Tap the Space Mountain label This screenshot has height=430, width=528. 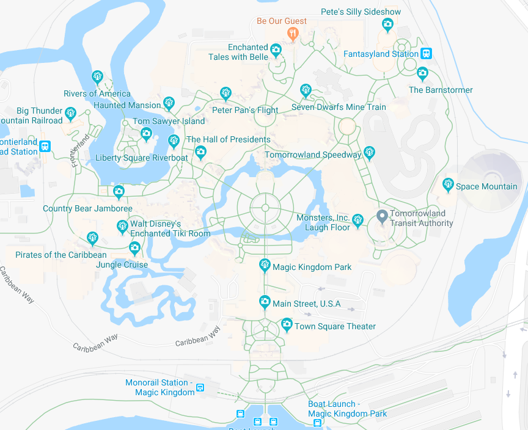coord(486,186)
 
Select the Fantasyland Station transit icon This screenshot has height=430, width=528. coord(427,54)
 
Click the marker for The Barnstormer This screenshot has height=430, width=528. coord(422,73)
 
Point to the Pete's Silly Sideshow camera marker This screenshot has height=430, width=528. coord(387,24)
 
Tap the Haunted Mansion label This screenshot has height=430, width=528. coord(127,105)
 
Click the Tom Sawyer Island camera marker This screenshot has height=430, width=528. coord(146,134)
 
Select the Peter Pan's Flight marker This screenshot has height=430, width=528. coord(226,93)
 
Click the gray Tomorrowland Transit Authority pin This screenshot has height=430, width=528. coord(383,216)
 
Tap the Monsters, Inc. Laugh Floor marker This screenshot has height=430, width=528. coord(358,219)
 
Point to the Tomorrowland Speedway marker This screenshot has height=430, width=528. coord(369,151)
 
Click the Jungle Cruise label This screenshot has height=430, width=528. coord(122,264)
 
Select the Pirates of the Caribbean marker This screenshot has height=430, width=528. coord(92,237)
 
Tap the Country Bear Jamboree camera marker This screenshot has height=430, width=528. coord(119,191)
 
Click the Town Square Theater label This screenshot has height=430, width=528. coord(335,326)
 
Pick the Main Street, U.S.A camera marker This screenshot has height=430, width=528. coord(265,301)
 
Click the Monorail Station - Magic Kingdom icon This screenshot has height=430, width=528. coord(200,387)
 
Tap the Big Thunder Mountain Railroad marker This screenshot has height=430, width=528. coord(71,112)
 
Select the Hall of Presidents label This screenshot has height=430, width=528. coord(228,139)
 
